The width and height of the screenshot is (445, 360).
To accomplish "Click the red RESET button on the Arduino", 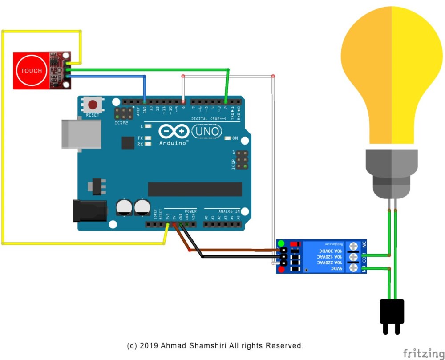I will click(93, 105).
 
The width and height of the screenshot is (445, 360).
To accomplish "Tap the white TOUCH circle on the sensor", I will click(31, 71).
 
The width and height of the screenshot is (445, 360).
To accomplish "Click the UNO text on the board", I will click(206, 131).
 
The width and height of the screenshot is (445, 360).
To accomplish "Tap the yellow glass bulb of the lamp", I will click(392, 76).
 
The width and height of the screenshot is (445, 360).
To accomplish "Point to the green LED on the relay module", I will click(281, 244).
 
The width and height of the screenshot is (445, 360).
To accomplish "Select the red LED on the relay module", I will click(281, 269).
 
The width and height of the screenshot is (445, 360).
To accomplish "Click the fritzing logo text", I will click(423, 353).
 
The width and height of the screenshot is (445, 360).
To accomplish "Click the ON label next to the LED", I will click(235, 139).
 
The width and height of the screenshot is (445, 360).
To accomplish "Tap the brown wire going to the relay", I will click(231, 251).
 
